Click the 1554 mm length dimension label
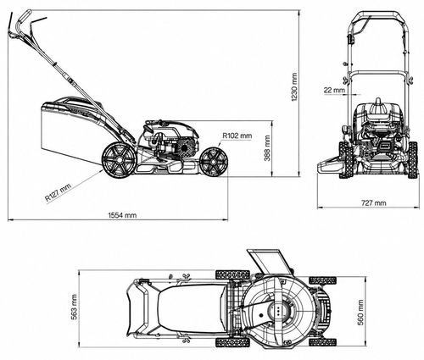coord(122,215)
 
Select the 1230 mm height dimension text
coord(294,87)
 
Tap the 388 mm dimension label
coord(267,148)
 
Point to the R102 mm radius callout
coord(237,136)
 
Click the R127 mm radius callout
coord(58,192)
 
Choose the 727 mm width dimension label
coord(374,202)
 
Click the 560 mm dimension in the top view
coord(360,313)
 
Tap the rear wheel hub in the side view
coord(119,160)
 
